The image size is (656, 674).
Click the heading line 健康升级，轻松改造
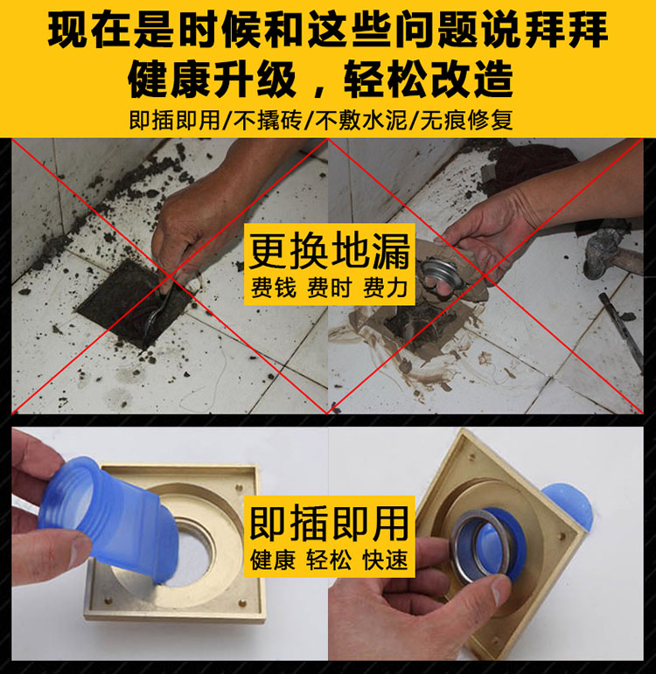pyautogui.click(x=320, y=80)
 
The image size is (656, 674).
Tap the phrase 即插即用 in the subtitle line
pyautogui.click(x=175, y=120)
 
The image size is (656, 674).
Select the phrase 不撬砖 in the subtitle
pyautogui.click(x=268, y=120)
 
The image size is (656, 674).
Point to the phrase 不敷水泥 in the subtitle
pyautogui.click(x=361, y=120)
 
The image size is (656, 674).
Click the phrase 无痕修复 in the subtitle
pyautogui.click(x=466, y=120)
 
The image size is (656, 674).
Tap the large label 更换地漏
pyautogui.click(x=330, y=251)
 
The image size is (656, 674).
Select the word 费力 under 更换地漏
pyautogui.click(x=386, y=288)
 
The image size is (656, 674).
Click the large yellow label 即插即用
pyautogui.click(x=330, y=523)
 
